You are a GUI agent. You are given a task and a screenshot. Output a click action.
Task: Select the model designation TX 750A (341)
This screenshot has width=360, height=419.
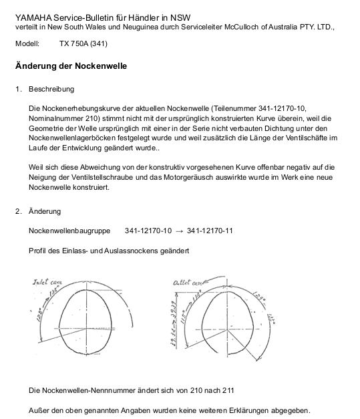[83, 44]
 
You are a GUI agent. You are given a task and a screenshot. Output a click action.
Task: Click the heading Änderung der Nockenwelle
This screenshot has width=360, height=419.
[71, 66]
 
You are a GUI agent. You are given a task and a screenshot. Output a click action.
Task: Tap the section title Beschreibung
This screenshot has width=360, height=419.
[51, 89]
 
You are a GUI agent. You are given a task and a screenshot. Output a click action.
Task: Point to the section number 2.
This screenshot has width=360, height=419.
[19, 212]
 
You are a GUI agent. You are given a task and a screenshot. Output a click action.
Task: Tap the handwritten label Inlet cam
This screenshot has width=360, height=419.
[47, 283]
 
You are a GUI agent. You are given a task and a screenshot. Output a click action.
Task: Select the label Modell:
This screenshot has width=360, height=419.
[27, 44]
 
